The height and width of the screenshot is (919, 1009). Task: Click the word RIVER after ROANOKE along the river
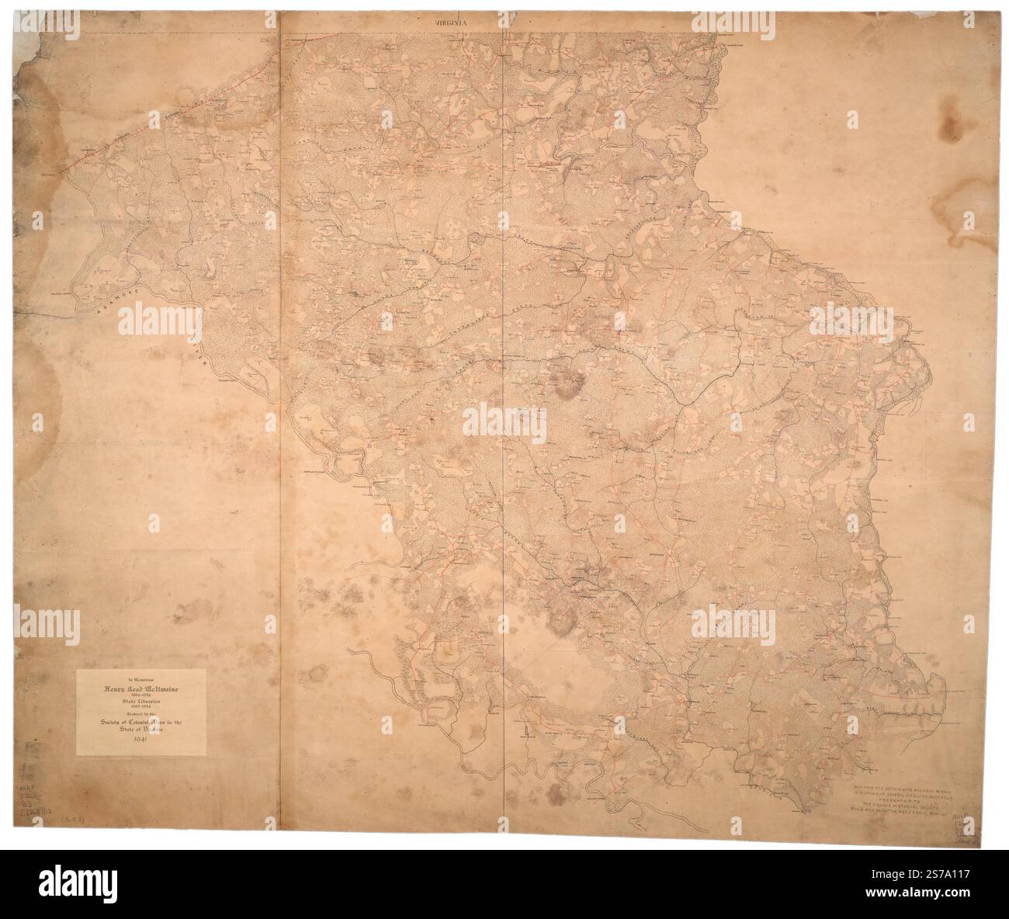(203, 352)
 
